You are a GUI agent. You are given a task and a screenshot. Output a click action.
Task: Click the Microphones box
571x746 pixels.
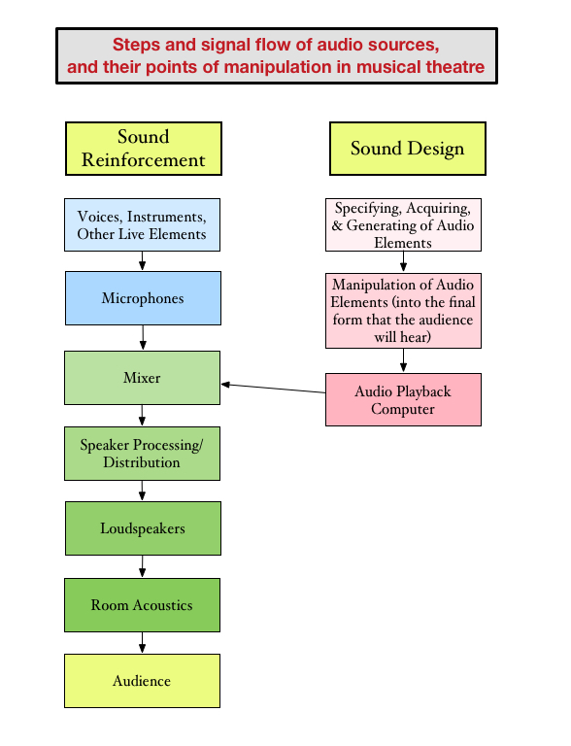(x=143, y=298)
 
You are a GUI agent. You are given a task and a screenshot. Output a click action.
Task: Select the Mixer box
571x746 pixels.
(x=143, y=377)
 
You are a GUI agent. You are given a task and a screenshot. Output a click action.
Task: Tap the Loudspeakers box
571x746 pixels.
(x=143, y=528)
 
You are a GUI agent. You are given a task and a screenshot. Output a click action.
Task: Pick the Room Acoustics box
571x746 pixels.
(x=143, y=605)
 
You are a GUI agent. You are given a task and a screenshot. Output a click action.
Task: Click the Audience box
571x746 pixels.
(x=143, y=681)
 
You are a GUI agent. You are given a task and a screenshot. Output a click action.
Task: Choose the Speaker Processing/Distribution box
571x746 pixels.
(x=143, y=453)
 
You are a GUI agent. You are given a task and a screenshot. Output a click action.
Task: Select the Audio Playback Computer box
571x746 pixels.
(x=403, y=399)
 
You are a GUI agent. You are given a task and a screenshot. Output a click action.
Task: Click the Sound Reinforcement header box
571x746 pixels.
(x=143, y=148)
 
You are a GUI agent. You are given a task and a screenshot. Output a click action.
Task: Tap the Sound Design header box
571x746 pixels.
(x=407, y=149)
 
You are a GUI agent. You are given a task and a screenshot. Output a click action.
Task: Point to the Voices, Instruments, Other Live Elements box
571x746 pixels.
(x=143, y=224)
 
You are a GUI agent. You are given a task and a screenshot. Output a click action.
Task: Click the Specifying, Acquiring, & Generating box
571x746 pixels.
(x=403, y=224)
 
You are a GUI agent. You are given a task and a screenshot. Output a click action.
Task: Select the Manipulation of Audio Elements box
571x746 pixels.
(x=403, y=310)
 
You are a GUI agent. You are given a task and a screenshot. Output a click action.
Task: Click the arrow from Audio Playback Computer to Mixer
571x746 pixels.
(x=273, y=389)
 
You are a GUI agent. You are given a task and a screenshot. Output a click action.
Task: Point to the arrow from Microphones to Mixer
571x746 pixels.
(x=143, y=337)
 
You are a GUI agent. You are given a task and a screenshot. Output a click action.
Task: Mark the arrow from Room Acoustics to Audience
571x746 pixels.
(x=143, y=642)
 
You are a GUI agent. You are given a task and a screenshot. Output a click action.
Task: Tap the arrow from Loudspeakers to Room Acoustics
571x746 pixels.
(x=143, y=566)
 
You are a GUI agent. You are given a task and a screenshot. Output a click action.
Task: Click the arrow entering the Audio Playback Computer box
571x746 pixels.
(x=403, y=360)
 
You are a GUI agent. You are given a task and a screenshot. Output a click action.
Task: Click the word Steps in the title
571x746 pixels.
(x=135, y=45)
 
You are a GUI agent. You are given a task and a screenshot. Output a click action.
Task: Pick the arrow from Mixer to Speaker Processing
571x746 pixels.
(x=143, y=415)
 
